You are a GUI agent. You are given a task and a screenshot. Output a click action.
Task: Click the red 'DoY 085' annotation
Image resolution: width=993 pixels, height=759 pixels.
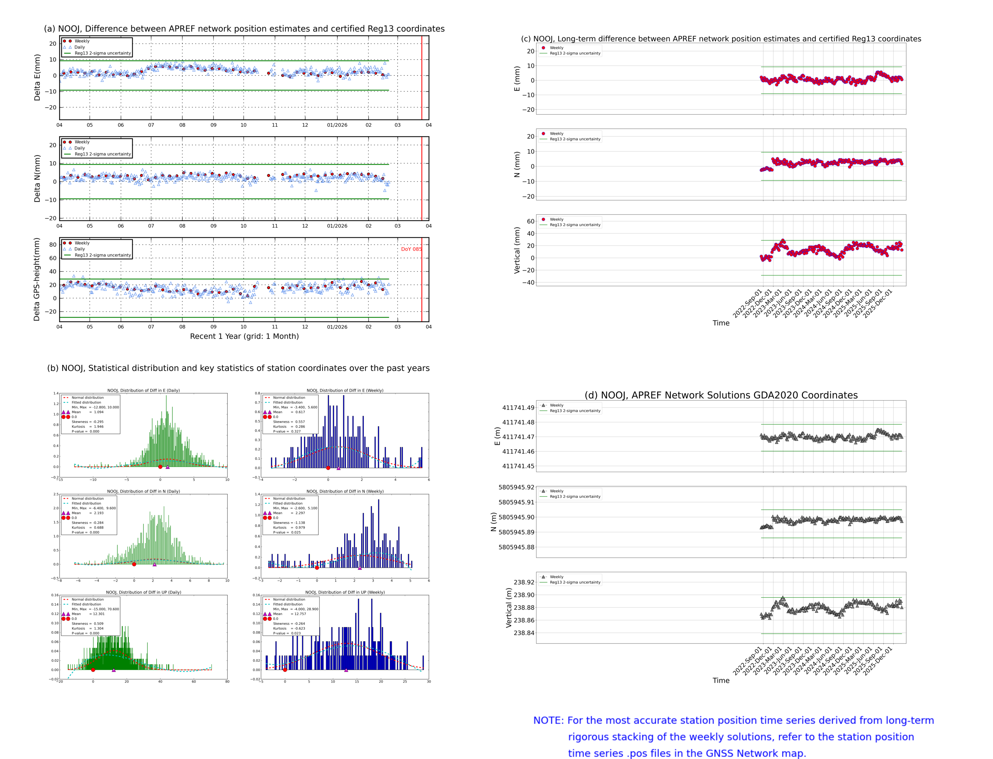tap(411, 249)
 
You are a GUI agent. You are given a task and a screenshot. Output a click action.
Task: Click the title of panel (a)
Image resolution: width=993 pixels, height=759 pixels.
tap(244, 28)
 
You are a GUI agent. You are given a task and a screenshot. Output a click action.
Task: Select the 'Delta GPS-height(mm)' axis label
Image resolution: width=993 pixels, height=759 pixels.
tap(37, 279)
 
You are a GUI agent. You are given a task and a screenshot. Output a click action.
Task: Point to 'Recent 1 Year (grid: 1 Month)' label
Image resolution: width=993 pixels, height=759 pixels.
tap(244, 336)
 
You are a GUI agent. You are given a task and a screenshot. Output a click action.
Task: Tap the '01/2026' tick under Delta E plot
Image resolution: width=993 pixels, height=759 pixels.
tap(337, 125)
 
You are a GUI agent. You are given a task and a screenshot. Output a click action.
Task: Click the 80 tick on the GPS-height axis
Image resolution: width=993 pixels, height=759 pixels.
tap(53, 244)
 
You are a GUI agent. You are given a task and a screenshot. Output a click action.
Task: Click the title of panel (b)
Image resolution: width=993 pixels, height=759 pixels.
tap(238, 368)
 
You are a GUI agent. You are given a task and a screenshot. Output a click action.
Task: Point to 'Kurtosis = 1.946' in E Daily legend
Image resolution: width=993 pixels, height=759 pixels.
tap(87, 426)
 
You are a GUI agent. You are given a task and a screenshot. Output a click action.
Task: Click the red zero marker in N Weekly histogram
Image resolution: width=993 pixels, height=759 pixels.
tap(317, 568)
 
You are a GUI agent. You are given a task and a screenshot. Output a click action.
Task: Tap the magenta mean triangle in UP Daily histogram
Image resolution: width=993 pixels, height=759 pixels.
tap(114, 670)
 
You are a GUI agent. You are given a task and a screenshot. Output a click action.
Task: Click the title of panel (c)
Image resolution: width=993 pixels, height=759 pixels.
tap(721, 39)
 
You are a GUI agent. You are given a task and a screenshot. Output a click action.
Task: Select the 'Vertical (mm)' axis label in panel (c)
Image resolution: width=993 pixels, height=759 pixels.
tap(517, 250)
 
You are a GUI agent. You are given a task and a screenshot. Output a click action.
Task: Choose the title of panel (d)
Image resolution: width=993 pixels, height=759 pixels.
tap(721, 395)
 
